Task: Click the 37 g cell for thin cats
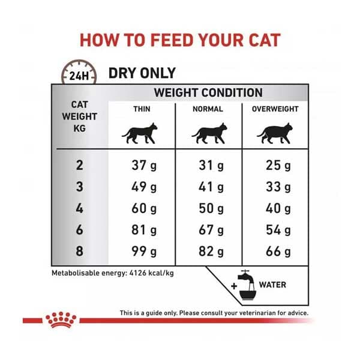tap(144, 166)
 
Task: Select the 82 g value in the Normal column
tap(211, 251)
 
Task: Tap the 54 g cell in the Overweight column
tap(278, 230)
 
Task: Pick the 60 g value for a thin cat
tap(144, 208)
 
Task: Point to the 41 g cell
tap(211, 187)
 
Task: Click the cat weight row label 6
tap(79, 230)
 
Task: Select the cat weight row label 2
tap(79, 166)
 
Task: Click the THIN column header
tap(142, 109)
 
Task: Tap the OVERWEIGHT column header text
tap(275, 109)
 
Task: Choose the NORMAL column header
tap(208, 109)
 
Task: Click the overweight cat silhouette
tap(275, 133)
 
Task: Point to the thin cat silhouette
tap(140, 133)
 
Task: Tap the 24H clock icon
tap(79, 72)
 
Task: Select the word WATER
tap(272, 285)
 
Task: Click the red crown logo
tap(61, 320)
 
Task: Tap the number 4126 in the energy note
tap(138, 273)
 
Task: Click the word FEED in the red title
tap(172, 40)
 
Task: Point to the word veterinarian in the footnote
tap(257, 313)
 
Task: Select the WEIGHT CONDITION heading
tap(208, 92)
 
